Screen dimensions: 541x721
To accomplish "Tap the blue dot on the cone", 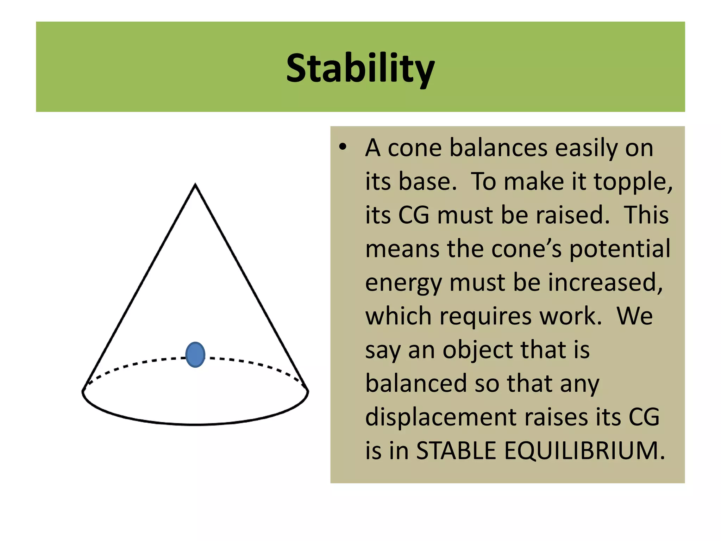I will tap(195, 355).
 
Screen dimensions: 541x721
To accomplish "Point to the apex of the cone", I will tap(195, 185).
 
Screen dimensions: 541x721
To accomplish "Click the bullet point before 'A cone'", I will tap(343, 147).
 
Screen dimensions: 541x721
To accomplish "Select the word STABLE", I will tap(456, 450).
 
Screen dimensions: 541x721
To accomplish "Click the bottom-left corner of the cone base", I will tap(83, 390).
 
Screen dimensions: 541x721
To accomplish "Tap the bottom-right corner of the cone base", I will tap(307, 390).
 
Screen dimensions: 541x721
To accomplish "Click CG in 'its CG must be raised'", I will tap(413, 215).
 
